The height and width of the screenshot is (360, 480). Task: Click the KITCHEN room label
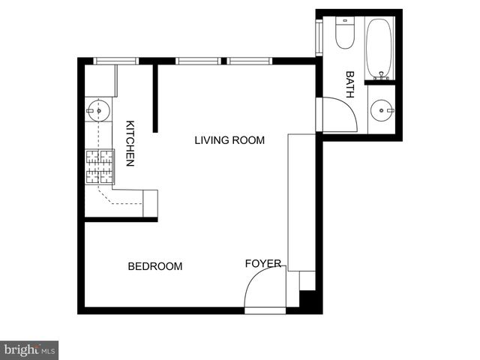pyautogui.click(x=130, y=143)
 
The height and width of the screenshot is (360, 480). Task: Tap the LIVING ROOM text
pyautogui.click(x=229, y=140)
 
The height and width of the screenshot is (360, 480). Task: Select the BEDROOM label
pyautogui.click(x=155, y=266)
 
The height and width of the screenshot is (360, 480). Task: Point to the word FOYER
pyautogui.click(x=263, y=264)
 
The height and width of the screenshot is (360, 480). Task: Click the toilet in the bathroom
pyautogui.click(x=344, y=34)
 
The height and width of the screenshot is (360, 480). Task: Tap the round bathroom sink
pyautogui.click(x=382, y=111)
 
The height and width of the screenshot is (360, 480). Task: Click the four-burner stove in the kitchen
pyautogui.click(x=99, y=166)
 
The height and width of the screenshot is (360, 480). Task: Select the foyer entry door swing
pyautogui.click(x=264, y=289)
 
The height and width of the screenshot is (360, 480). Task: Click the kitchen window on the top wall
pyautogui.click(x=116, y=61)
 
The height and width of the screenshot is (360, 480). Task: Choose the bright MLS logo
pyautogui.click(x=29, y=349)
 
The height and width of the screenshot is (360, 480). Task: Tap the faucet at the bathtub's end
pyautogui.click(x=381, y=74)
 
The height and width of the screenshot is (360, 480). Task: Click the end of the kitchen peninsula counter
pyautogui.click(x=150, y=203)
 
